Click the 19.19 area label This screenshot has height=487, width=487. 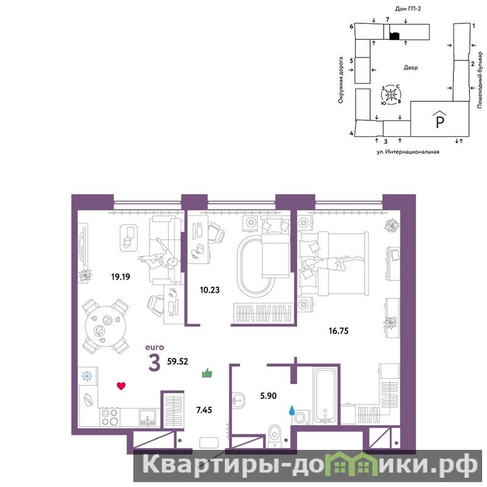tap(121, 276)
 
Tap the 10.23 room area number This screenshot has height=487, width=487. tap(209, 290)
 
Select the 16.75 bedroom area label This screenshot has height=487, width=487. tap(338, 331)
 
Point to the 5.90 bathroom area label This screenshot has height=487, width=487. tap(268, 396)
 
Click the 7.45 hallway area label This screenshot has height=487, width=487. tap(204, 410)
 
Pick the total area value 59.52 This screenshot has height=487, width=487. tap(178, 362)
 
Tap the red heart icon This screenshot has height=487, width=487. tap(121, 386)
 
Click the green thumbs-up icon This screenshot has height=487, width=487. tap(207, 373)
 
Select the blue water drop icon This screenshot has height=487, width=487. tap(292, 410)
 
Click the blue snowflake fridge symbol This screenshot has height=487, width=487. tap(87, 376)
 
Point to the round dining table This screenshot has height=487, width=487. tap(105, 326)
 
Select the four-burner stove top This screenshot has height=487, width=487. tap(110, 417)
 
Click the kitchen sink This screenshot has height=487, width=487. tap(148, 417)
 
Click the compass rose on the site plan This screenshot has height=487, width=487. tap(390, 94)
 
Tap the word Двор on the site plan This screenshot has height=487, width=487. tap(410, 68)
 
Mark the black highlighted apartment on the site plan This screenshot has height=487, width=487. tap(394, 36)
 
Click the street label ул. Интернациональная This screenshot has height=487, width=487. tap(408, 152)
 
